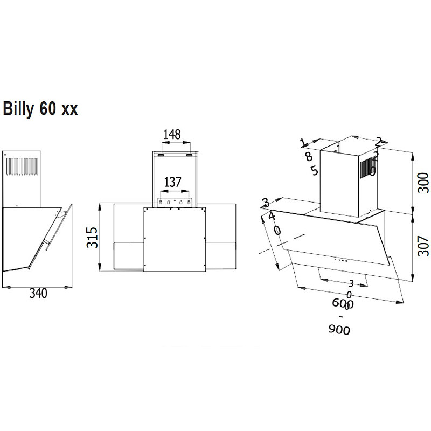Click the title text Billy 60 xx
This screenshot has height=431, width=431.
point(41,108)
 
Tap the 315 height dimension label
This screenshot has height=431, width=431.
point(92,238)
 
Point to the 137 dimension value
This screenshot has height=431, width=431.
point(172,182)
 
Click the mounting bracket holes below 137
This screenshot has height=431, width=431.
point(172,202)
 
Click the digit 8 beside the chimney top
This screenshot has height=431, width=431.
point(309,156)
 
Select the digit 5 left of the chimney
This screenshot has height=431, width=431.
point(315,171)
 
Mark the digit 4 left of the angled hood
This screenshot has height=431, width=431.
point(272,216)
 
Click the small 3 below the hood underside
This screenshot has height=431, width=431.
point(350,283)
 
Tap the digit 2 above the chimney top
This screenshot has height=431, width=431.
point(378,142)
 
